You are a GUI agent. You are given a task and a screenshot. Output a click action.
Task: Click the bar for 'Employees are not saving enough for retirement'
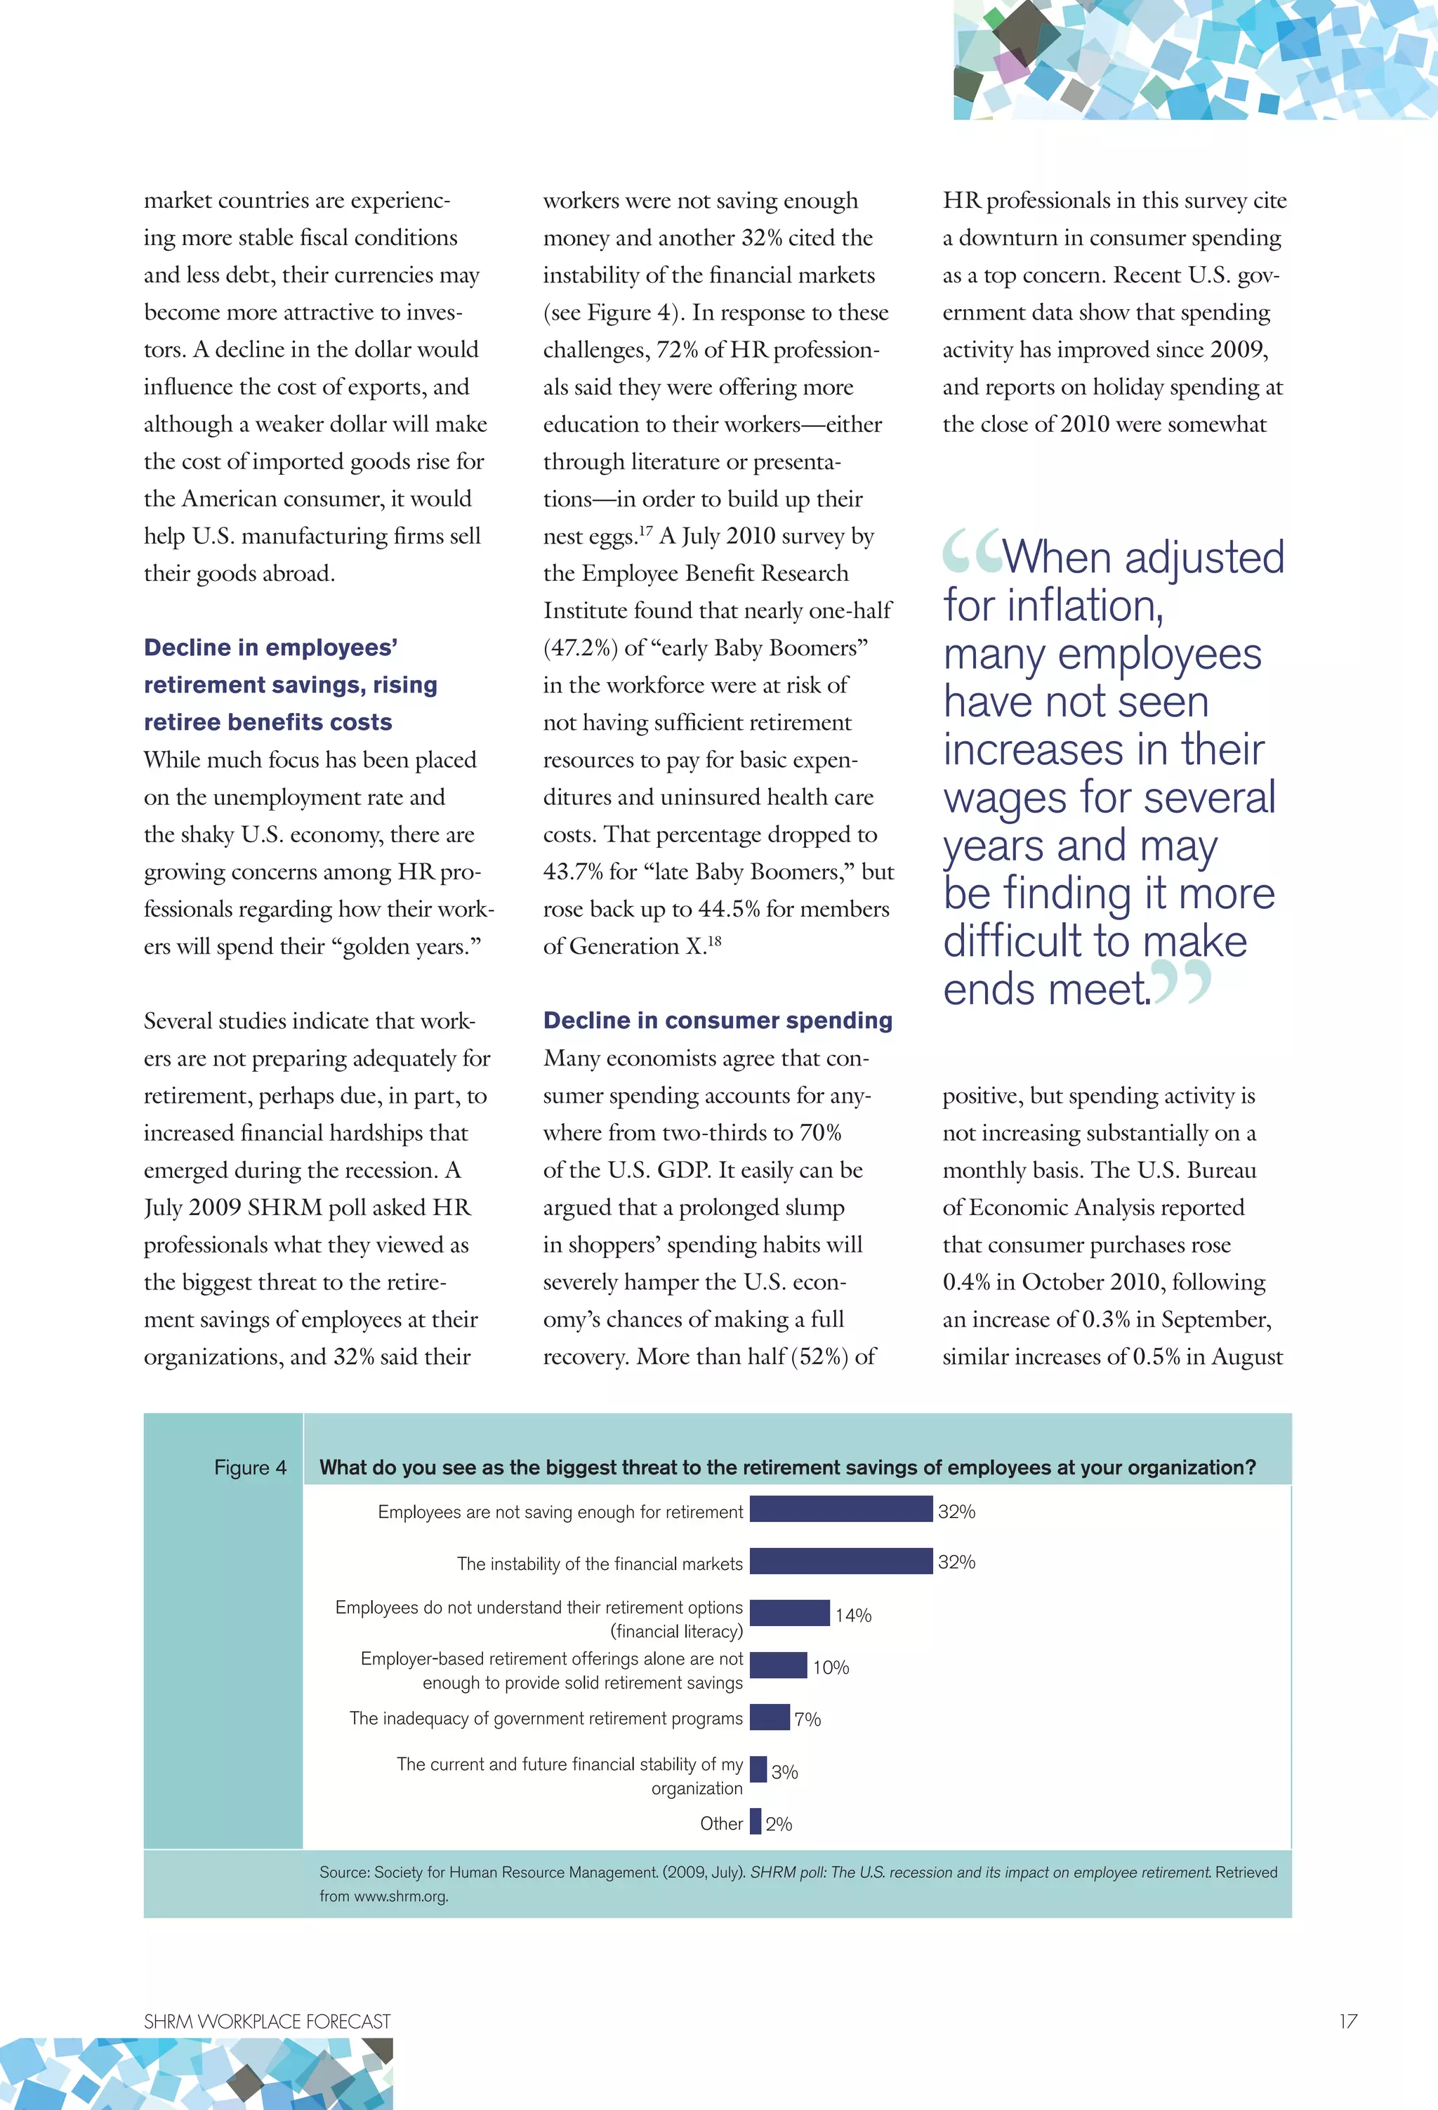[x=840, y=1509]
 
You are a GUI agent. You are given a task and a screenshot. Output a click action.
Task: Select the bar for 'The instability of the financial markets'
[x=840, y=1561]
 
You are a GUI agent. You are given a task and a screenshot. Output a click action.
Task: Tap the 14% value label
[x=853, y=1616]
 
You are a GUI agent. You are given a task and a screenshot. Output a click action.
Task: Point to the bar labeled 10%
[x=778, y=1665]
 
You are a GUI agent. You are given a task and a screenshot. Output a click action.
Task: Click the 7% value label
[x=807, y=1719]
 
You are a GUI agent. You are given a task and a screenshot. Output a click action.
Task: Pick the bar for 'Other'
[x=756, y=1821]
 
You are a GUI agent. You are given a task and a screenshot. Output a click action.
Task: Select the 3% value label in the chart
[x=784, y=1771]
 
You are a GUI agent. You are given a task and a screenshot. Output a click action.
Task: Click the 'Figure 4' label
[x=250, y=1467]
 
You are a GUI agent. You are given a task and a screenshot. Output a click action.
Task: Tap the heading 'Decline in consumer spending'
[x=717, y=1021]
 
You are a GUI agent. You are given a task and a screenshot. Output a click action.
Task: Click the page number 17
[x=1347, y=2021]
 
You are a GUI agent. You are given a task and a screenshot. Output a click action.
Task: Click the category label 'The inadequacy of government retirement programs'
[x=546, y=1719]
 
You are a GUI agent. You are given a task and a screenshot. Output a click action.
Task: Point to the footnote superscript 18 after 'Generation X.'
[x=715, y=941]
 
